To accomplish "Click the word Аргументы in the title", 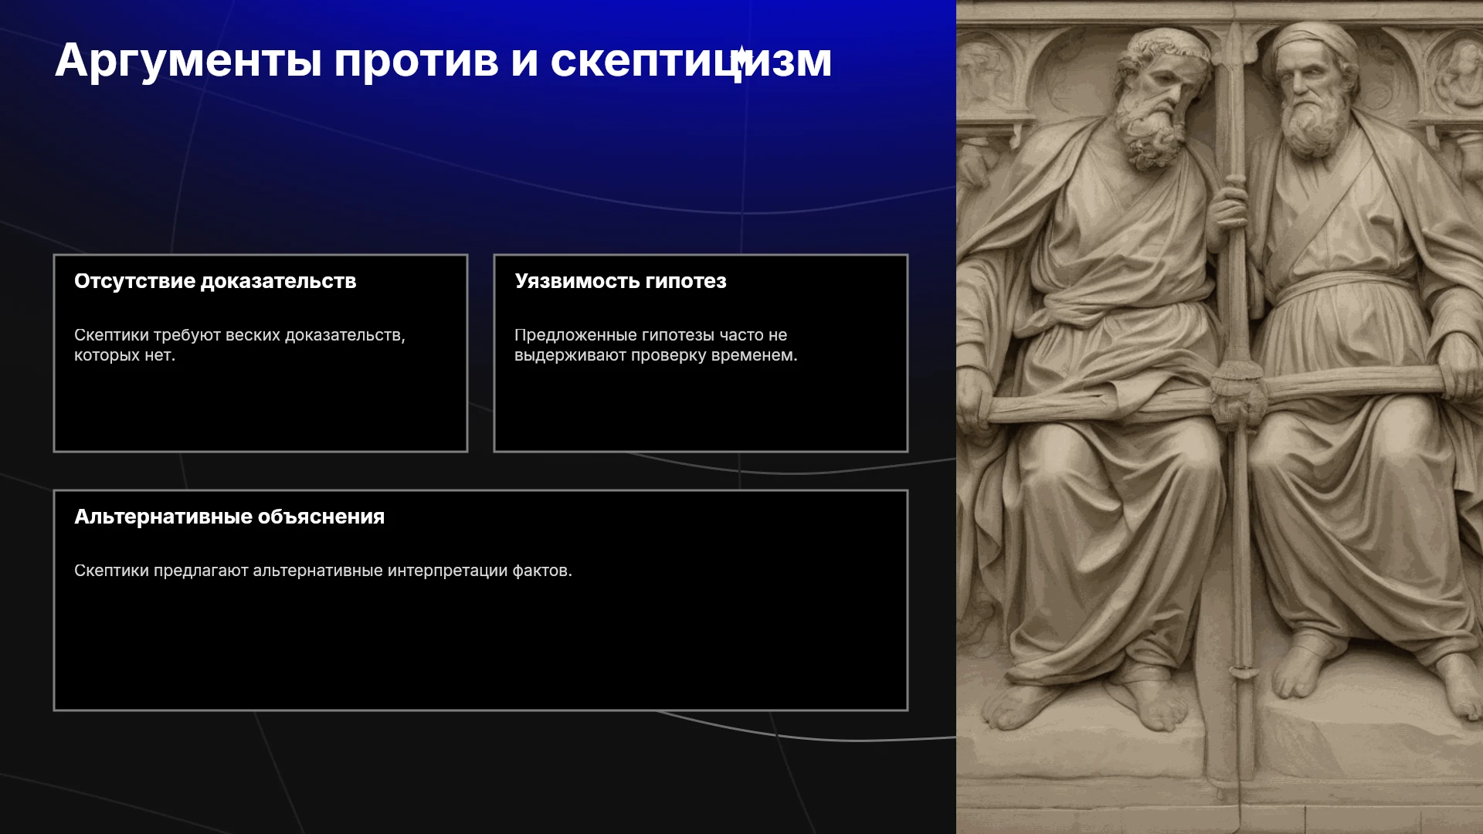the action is [188, 61].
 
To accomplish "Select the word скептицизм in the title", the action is [691, 61].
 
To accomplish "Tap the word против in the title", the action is [416, 61].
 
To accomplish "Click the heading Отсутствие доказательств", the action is [215, 281].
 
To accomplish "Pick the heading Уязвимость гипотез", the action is [620, 281].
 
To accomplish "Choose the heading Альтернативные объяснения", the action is [229, 517].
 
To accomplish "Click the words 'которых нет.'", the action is [125, 355].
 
